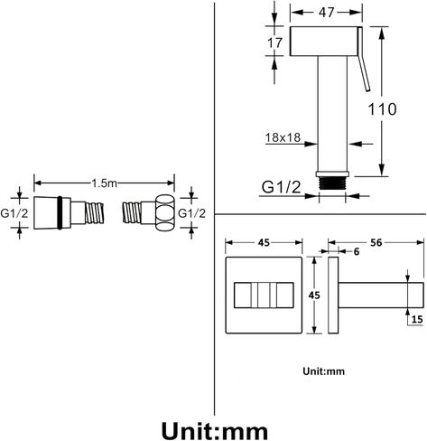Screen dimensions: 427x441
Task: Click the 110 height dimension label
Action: click(x=382, y=109)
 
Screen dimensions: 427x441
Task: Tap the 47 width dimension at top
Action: click(x=326, y=13)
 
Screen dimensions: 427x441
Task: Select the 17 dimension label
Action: click(x=274, y=42)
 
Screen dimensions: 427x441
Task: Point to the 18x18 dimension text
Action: click(x=283, y=137)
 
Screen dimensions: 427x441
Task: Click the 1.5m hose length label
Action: click(x=104, y=183)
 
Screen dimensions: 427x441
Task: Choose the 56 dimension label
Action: click(x=376, y=242)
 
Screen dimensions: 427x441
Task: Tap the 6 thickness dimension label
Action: click(x=357, y=251)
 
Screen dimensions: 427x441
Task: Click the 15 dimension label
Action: click(x=417, y=319)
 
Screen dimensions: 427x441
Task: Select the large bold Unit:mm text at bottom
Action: click(x=215, y=431)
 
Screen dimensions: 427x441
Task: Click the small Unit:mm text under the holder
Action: click(x=323, y=371)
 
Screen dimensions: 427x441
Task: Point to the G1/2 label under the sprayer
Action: click(x=281, y=187)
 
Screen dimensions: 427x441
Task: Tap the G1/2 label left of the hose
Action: click(x=14, y=213)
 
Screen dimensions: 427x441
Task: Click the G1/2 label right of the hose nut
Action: click(x=191, y=213)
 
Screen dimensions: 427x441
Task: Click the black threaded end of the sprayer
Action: click(x=332, y=183)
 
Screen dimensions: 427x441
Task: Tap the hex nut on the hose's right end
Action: click(x=165, y=213)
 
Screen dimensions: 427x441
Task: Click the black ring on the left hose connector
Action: click(x=60, y=212)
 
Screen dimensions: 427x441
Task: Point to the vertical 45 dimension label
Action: click(x=314, y=296)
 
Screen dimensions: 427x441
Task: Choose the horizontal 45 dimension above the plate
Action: click(x=264, y=242)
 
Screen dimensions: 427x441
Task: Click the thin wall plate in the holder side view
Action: click(x=333, y=296)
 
